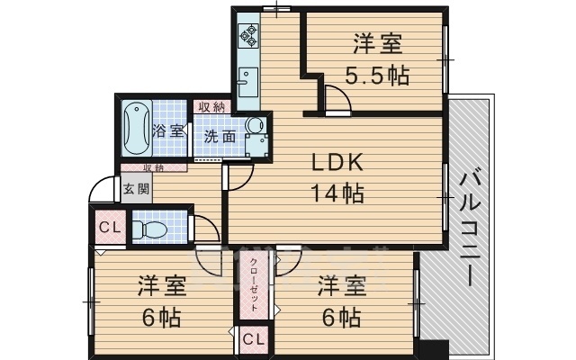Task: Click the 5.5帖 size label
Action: click(x=377, y=75)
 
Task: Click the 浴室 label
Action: click(x=169, y=131)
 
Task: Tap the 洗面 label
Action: click(x=220, y=137)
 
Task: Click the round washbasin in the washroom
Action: click(x=255, y=127)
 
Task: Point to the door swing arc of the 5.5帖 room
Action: click(x=335, y=95)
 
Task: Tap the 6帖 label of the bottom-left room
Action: click(x=162, y=317)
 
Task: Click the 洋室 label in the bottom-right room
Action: click(x=341, y=287)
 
